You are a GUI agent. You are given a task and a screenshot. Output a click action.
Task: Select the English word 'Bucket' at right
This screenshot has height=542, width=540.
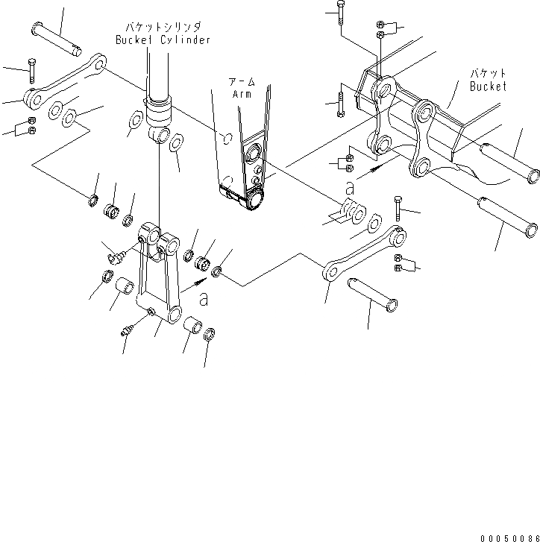(488, 86)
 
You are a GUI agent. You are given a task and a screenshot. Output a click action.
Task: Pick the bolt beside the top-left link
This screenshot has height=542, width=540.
(31, 70)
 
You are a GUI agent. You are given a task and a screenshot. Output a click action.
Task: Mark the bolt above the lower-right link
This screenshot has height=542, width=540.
(398, 209)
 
